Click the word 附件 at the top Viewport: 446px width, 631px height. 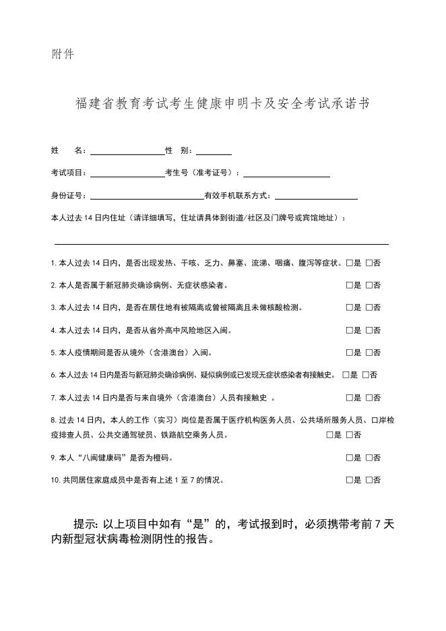63,54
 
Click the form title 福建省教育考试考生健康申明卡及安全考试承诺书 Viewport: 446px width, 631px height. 222,104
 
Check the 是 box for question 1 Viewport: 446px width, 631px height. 349,263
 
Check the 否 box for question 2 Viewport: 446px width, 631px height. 369,285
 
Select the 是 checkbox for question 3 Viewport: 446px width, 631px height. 349,308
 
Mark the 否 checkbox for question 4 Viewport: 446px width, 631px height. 369,330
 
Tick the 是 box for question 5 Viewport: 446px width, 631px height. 349,353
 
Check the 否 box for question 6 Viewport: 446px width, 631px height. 365,375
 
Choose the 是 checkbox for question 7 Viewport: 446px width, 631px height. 349,398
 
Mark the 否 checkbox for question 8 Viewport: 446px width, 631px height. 349,435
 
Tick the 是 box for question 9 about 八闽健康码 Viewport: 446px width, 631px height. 349,458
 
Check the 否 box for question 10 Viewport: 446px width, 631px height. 369,481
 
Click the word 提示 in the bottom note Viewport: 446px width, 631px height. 84,524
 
